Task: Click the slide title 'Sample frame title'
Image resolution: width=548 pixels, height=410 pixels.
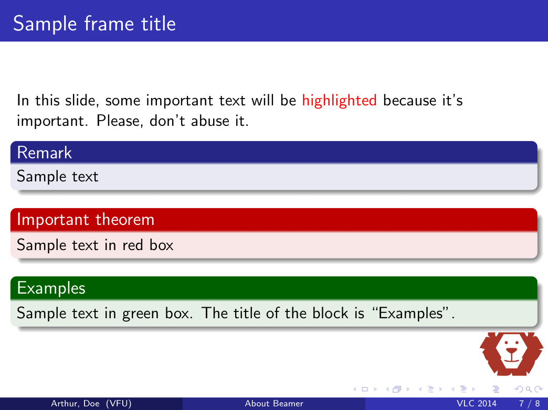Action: click(x=94, y=24)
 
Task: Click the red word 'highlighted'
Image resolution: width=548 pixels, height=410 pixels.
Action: click(x=339, y=100)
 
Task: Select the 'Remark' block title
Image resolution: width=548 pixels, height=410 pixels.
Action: click(x=44, y=153)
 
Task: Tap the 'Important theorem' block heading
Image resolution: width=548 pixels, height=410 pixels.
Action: click(x=86, y=219)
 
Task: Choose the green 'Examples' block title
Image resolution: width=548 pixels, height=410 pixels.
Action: click(x=51, y=287)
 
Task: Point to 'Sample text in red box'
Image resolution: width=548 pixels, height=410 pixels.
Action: click(x=95, y=245)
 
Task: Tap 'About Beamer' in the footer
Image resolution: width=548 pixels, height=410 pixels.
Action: click(x=274, y=404)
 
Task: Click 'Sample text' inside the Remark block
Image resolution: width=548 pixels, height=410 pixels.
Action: click(x=57, y=177)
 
